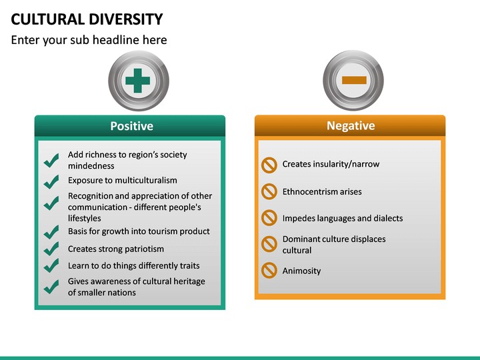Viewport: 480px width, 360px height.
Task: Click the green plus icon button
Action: pyautogui.click(x=138, y=80)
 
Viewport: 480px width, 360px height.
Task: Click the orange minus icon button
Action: pyautogui.click(x=354, y=80)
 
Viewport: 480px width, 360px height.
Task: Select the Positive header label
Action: pyautogui.click(x=131, y=126)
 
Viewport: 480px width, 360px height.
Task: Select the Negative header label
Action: pyautogui.click(x=350, y=126)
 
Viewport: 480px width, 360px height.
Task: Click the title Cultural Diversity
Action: pyautogui.click(x=87, y=19)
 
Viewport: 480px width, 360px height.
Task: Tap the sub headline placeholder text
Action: pyautogui.click(x=89, y=40)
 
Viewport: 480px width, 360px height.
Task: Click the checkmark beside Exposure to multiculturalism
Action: pyautogui.click(x=51, y=181)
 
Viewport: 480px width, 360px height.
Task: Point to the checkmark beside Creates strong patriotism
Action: pyautogui.click(x=51, y=249)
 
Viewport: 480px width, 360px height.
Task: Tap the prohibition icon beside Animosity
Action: pyautogui.click(x=269, y=270)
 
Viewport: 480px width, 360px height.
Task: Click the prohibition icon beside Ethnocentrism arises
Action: pyautogui.click(x=269, y=191)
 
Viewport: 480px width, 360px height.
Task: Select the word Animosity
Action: pyautogui.click(x=301, y=271)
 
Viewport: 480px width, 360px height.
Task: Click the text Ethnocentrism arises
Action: pyautogui.click(x=322, y=191)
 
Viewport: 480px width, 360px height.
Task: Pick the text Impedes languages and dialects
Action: pyautogui.click(x=343, y=218)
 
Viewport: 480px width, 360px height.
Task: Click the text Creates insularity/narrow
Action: pyautogui.click(x=331, y=164)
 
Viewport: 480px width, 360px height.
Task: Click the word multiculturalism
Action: pyautogui.click(x=146, y=180)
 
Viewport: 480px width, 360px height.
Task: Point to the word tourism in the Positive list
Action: pyautogui.click(x=157, y=231)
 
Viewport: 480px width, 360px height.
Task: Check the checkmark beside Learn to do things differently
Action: pyautogui.click(x=51, y=266)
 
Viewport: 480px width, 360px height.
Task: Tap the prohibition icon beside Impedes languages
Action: pyautogui.click(x=269, y=218)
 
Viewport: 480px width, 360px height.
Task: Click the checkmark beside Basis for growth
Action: pyautogui.click(x=51, y=233)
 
